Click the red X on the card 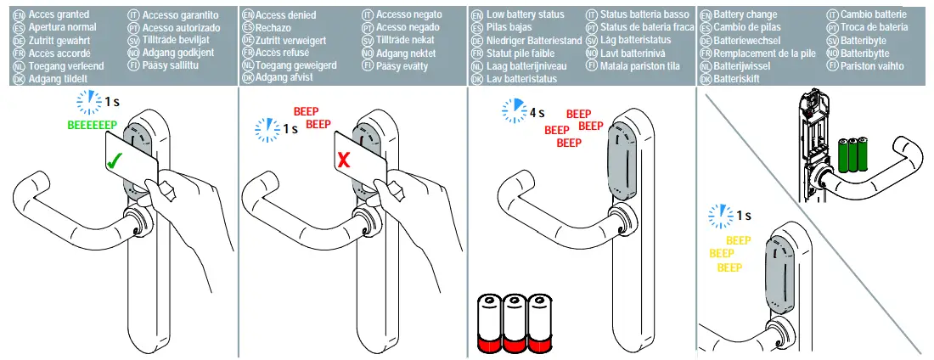coord(344,159)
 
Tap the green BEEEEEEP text coord(92,125)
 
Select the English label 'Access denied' coord(286,15)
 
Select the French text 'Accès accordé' coord(61,52)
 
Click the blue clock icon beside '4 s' coord(514,110)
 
